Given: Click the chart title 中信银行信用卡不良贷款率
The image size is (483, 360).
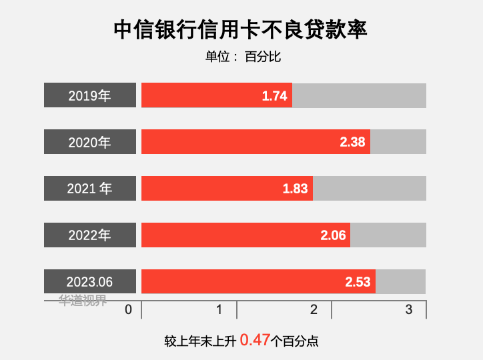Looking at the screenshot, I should (x=241, y=29).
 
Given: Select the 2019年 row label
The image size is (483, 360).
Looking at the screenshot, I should (x=90, y=95).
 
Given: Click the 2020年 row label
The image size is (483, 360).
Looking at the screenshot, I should (x=90, y=142).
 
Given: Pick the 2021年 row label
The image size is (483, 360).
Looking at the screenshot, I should (x=90, y=189).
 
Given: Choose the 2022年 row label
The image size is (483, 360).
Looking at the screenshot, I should (x=90, y=235).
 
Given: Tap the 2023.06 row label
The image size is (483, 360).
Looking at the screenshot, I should (x=90, y=282).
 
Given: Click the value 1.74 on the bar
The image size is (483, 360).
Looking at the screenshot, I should (x=274, y=96).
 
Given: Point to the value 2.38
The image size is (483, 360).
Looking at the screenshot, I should (x=352, y=142).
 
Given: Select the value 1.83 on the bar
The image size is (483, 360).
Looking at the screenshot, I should (x=295, y=189).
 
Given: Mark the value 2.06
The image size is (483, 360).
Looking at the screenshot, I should (x=333, y=235).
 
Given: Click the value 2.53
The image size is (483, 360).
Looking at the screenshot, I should (x=358, y=282).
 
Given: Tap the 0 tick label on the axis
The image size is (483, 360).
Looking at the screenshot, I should (x=129, y=309).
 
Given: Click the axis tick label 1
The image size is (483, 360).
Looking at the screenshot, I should (x=219, y=309).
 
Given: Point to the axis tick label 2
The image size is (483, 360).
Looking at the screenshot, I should (x=314, y=309).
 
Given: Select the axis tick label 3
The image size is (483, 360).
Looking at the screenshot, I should (x=409, y=309).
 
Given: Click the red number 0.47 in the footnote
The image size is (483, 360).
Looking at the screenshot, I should (x=255, y=340).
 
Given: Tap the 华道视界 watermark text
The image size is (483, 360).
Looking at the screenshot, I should (x=83, y=300).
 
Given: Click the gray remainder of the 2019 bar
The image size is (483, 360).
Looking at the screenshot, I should (x=359, y=95).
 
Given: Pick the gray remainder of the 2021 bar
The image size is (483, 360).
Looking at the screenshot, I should (x=369, y=189).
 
